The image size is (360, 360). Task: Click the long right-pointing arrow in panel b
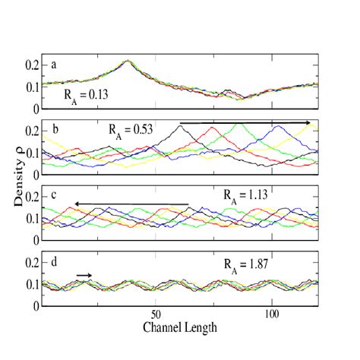point(245,122)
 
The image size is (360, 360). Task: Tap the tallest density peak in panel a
point(128,61)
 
